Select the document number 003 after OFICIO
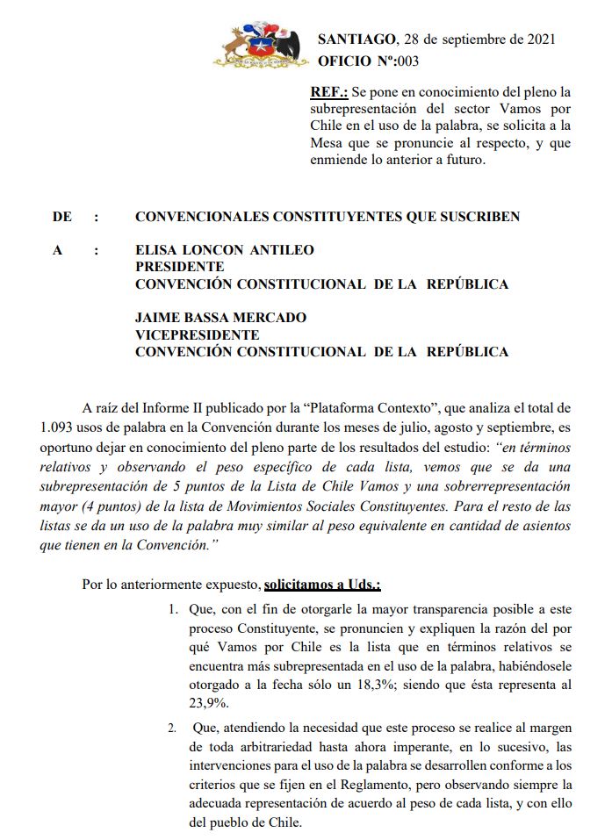[x=407, y=61]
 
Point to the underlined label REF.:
[x=328, y=91]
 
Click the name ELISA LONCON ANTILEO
[x=224, y=250]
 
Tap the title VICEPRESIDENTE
[x=197, y=334]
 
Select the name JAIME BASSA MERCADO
[x=220, y=318]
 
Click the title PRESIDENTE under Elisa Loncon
[x=179, y=267]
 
